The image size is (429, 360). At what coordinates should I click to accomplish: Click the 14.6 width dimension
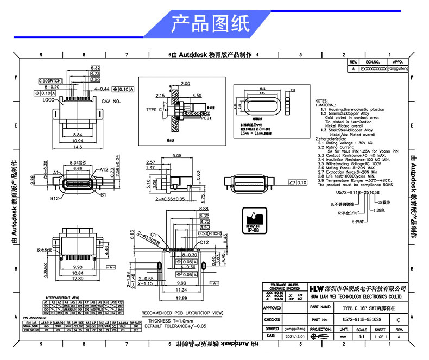[x=78, y=147]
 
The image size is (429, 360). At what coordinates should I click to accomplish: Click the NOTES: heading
[x=325, y=101]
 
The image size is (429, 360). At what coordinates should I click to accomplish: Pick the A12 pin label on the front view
[x=104, y=170]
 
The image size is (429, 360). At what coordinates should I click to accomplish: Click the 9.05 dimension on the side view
[x=176, y=156]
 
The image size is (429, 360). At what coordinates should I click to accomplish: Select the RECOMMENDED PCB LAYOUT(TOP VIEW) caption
[x=182, y=313]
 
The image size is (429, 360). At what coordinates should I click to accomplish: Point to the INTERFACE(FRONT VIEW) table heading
[x=60, y=298]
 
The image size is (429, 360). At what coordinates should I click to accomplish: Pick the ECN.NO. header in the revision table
[x=372, y=62]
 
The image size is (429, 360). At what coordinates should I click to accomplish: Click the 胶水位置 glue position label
[x=43, y=250]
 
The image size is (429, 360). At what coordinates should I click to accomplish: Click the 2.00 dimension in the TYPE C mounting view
[x=185, y=84]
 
